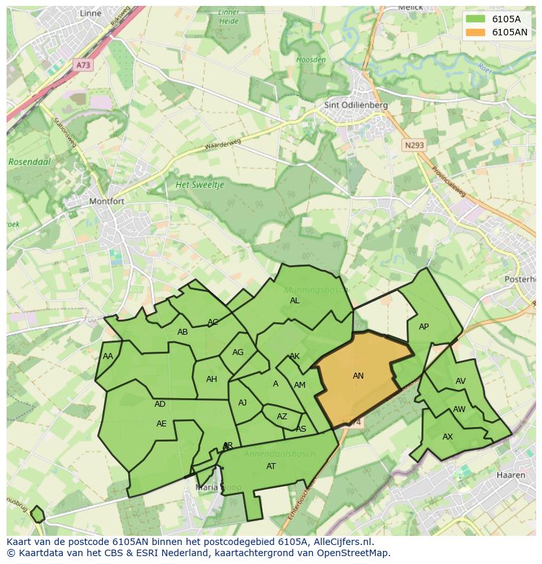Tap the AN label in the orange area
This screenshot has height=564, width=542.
tap(358, 376)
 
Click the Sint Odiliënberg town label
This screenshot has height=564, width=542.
tap(356, 105)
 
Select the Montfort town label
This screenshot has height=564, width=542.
tap(107, 201)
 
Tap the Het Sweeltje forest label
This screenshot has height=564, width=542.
tap(200, 185)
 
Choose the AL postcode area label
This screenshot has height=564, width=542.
tap(295, 301)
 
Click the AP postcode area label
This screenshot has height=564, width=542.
tap(424, 327)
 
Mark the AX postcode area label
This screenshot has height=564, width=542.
tap(448, 437)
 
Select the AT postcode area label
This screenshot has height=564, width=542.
tap(271, 466)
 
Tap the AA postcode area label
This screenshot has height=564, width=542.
tap(108, 356)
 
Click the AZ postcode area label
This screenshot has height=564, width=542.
tap(282, 417)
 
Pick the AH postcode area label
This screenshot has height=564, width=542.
tap(211, 379)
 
